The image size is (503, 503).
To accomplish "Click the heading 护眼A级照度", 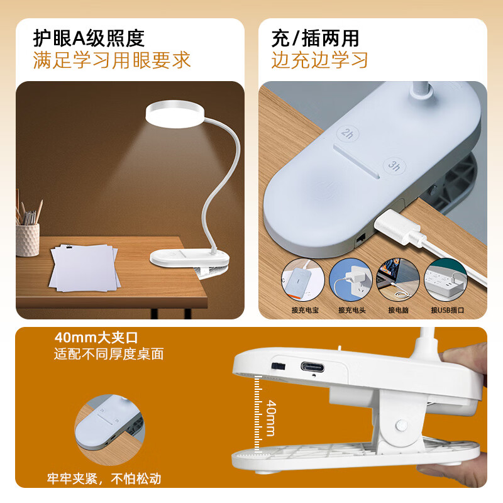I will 89,38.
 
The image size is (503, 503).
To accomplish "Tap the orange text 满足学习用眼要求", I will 111,61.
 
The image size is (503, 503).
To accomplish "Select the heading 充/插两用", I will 315,38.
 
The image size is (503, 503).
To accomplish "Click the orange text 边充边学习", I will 319,61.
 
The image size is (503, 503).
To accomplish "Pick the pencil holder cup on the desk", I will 28,238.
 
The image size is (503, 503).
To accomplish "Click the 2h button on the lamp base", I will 346,134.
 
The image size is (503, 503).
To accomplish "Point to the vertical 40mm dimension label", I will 270,417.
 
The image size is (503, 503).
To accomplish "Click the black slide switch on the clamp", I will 275,366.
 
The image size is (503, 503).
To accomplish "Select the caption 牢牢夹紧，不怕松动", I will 104,478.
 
